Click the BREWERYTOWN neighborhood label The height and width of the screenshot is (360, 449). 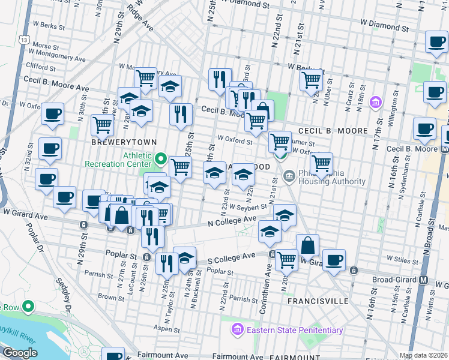[x=124, y=142]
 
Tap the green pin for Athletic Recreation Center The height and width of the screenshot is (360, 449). [x=160, y=159]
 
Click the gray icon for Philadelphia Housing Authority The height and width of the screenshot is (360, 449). [x=289, y=176]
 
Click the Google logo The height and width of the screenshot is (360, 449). [x=20, y=353]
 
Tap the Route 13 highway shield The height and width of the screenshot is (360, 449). [x=23, y=39]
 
